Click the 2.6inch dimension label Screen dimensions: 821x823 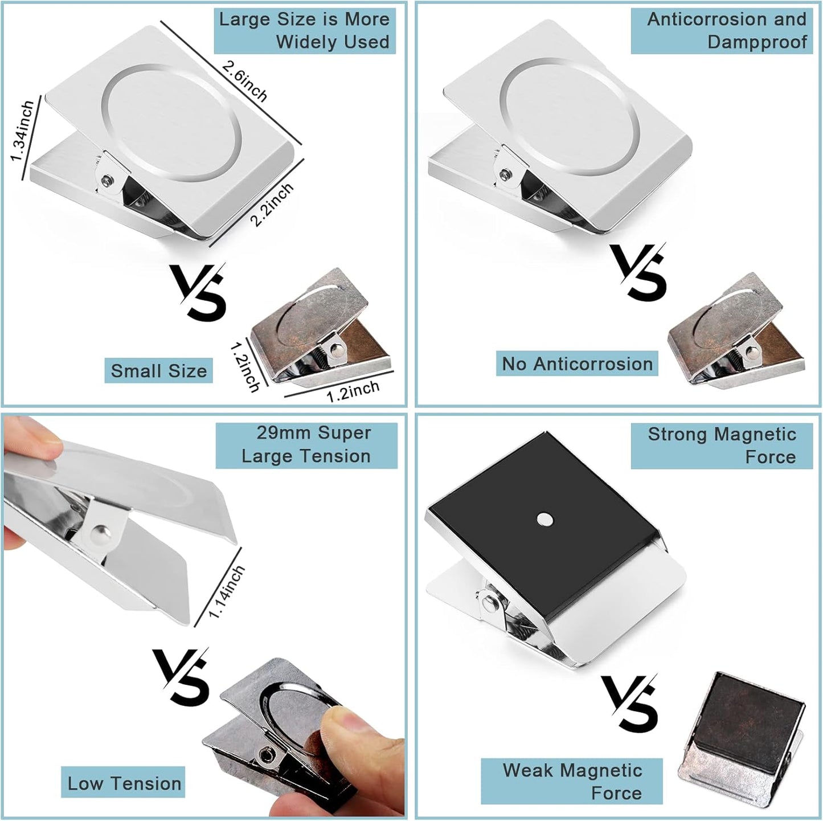pyautogui.click(x=245, y=81)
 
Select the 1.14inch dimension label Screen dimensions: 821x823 pyautogui.click(x=226, y=591)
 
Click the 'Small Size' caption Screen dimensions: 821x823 pyautogui.click(x=158, y=371)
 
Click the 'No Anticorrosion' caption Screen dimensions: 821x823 pyautogui.click(x=577, y=363)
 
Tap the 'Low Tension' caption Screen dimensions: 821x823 pyautogui.click(x=124, y=783)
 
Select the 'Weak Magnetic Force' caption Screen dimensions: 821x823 pyautogui.click(x=572, y=781)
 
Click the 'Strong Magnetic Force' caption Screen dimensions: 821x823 pyautogui.click(x=722, y=446)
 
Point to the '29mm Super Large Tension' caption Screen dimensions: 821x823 pyautogui.click(x=306, y=444)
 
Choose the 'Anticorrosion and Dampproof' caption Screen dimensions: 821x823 pyautogui.click(x=722, y=31)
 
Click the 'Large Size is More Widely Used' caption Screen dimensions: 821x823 pyautogui.click(x=305, y=31)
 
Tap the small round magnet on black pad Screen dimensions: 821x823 pyautogui.click(x=545, y=518)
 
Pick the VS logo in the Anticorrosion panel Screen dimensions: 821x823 pyautogui.click(x=638, y=271)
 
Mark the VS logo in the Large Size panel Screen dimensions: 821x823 pyautogui.click(x=199, y=291)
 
